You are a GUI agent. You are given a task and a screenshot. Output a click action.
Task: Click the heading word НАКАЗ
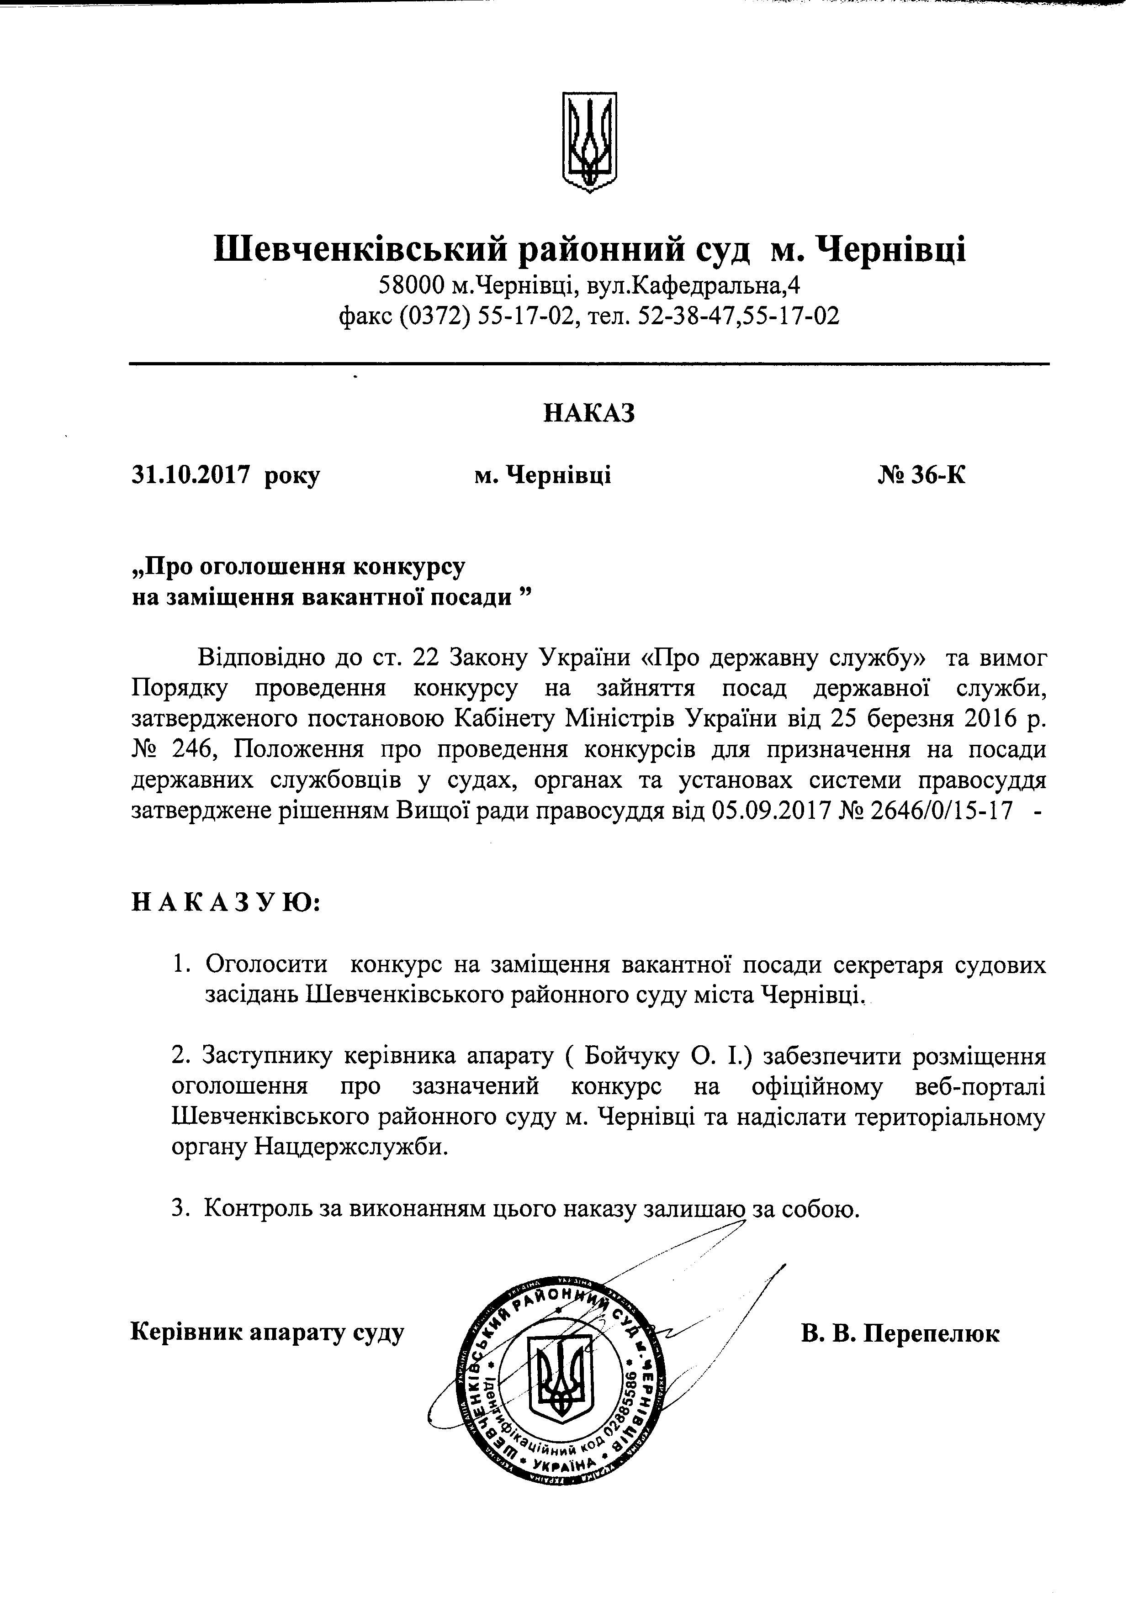[x=589, y=414]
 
